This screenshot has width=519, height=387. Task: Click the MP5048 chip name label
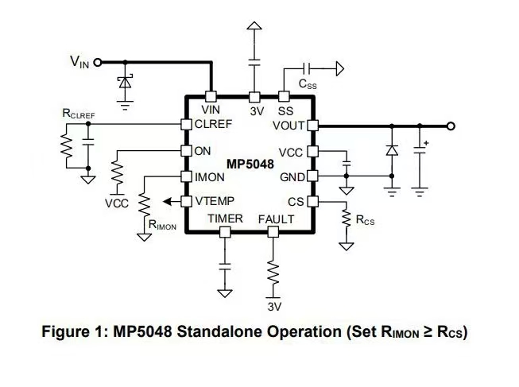point(251,164)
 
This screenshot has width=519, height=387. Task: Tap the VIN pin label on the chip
point(211,110)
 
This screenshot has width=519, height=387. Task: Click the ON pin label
point(202,150)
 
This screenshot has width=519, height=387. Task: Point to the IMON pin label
point(207,177)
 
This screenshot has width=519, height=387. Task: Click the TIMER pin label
point(226,219)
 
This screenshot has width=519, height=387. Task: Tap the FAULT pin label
point(276,219)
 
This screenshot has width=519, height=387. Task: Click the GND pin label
point(292,176)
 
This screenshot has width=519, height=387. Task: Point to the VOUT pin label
point(288,125)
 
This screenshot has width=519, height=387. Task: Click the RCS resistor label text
point(366,220)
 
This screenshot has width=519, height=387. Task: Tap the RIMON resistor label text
point(163,225)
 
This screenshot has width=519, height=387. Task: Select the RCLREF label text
point(79,114)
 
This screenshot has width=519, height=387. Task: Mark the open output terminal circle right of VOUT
point(451,126)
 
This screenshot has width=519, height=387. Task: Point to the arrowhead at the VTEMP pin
point(170,202)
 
